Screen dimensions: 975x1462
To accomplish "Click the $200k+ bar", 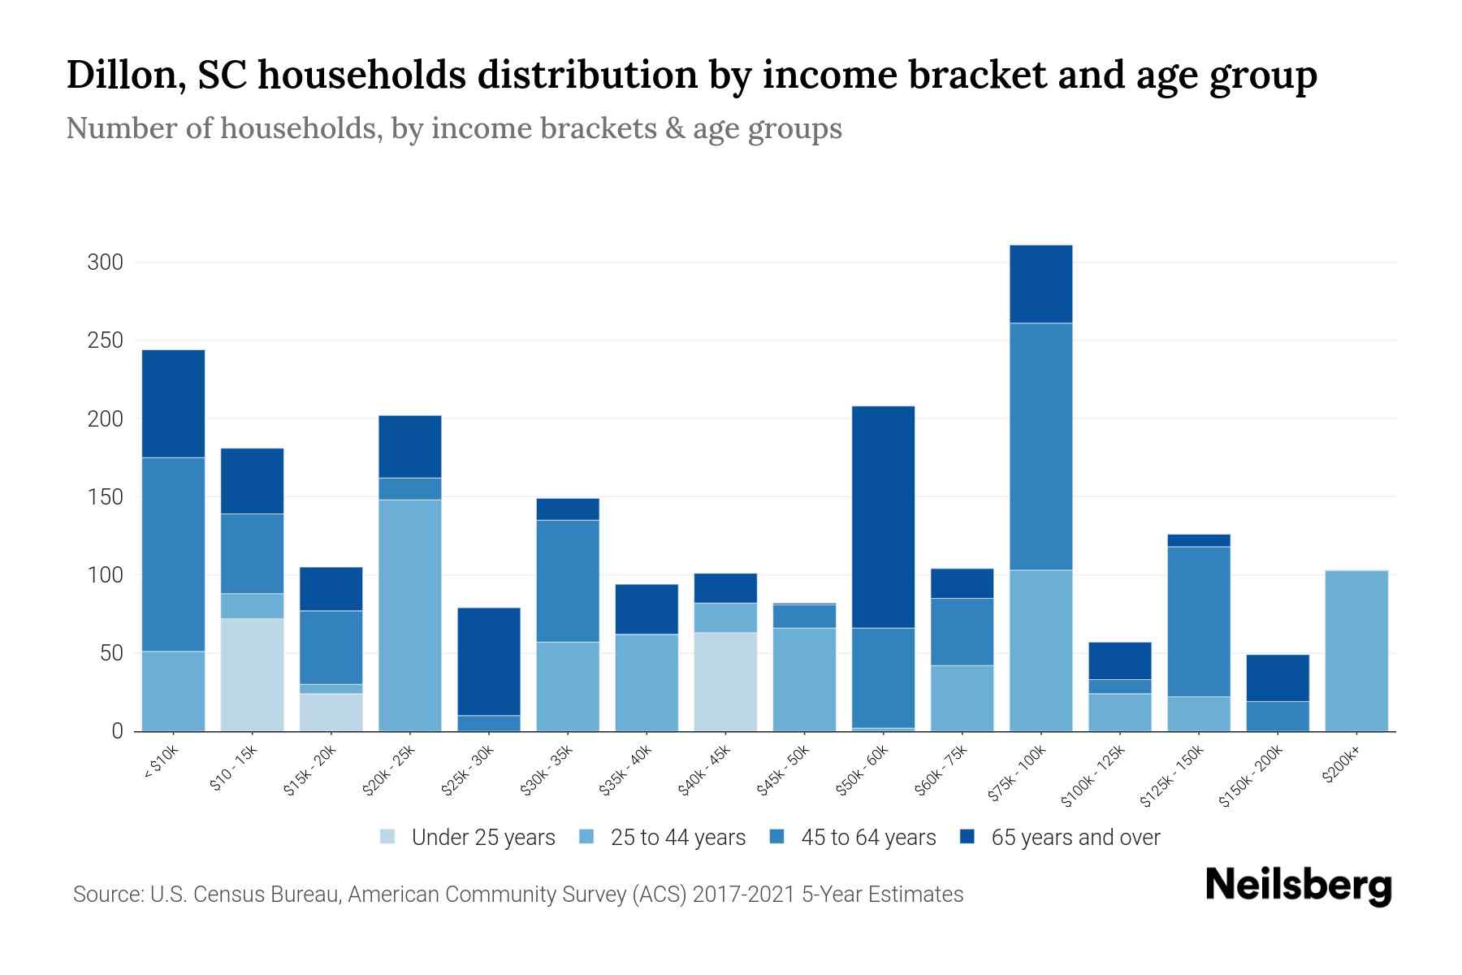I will click(1356, 651).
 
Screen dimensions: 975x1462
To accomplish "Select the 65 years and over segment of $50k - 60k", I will click(883, 517).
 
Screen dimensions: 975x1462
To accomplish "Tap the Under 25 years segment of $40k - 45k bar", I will click(725, 682).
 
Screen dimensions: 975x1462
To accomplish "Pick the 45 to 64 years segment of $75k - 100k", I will click(1040, 447).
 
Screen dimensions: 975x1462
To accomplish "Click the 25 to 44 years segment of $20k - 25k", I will click(410, 615).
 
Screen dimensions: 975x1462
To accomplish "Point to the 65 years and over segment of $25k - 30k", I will click(489, 661).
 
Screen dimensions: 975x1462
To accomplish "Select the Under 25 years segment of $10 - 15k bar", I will click(253, 674).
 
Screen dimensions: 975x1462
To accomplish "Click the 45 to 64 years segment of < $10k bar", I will click(173, 554).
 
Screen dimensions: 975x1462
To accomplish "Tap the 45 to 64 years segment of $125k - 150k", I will click(1198, 622).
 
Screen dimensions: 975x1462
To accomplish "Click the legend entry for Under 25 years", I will click(482, 838).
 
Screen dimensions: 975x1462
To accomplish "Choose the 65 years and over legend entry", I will click(1075, 838).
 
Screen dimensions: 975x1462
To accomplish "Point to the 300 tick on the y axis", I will click(106, 262).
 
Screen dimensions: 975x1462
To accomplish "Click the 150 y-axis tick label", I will click(106, 497).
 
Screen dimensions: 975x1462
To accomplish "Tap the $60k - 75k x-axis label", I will click(941, 770).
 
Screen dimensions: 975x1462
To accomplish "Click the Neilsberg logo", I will click(1298, 886).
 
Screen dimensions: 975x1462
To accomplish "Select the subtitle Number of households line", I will click(453, 128).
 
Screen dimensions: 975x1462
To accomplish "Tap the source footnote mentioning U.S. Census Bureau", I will click(517, 895).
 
